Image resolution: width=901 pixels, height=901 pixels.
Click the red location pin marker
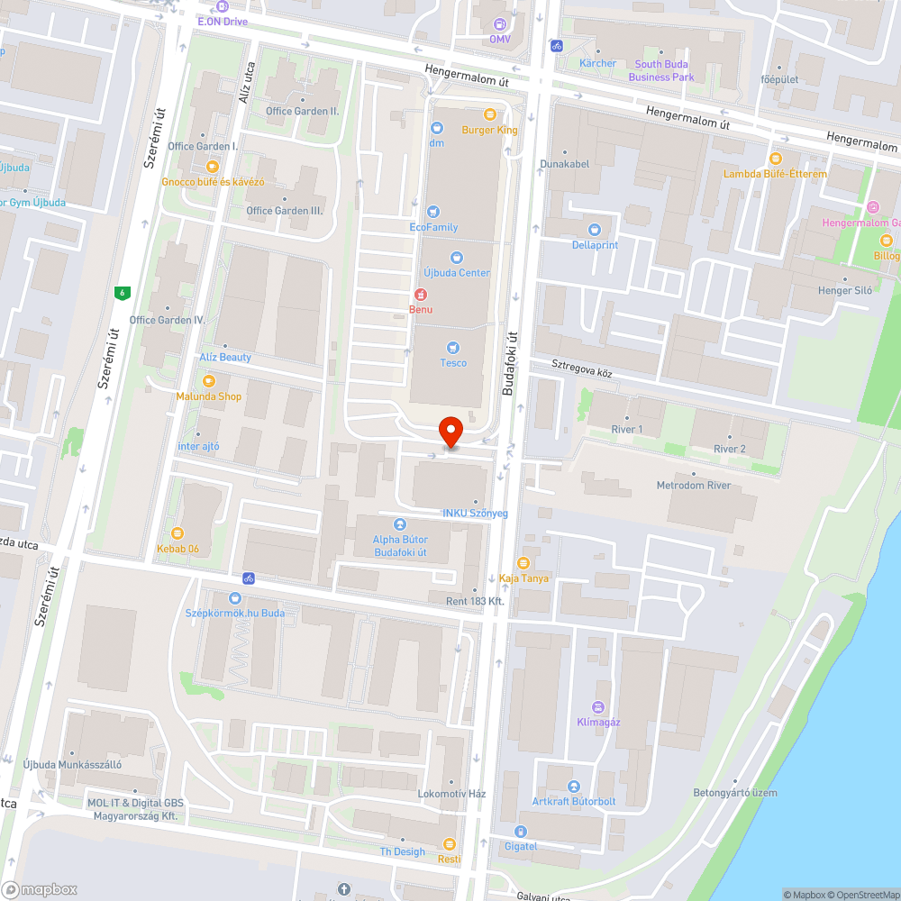point(450,431)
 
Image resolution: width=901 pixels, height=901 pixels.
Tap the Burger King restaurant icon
point(490,114)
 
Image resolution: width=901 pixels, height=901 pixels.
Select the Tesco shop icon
point(453,347)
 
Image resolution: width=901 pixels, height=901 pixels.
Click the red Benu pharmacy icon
point(420,294)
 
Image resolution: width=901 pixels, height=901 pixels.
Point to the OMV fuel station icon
point(500,23)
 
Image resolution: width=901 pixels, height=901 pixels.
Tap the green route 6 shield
point(121,292)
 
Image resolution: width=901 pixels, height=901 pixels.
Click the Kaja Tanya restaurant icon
point(523,562)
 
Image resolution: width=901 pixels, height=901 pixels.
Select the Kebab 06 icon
point(177,532)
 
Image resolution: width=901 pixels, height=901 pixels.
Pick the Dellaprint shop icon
point(595,229)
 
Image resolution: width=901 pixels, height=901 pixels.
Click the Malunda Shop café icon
point(209,380)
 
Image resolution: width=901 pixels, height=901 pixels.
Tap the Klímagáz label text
point(598,722)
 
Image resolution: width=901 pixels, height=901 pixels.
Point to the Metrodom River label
point(693,487)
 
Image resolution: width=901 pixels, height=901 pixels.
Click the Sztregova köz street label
point(582,368)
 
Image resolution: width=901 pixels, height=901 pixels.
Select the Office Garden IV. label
point(168,320)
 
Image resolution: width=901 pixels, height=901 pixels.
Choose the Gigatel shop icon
point(520,831)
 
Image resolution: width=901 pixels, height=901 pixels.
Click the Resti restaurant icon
point(449,843)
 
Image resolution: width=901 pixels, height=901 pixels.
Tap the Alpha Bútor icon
point(400,523)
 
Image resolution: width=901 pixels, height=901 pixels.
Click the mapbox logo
point(40,889)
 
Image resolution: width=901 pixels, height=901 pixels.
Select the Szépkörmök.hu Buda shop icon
point(235,597)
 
